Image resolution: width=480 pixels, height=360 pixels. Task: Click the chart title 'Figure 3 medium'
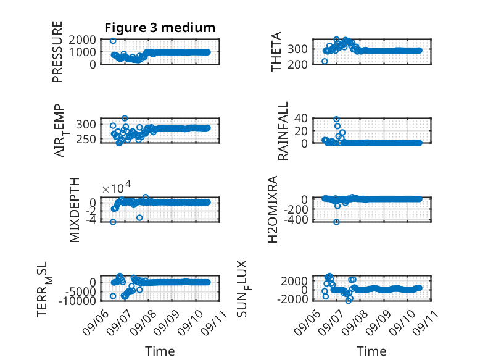[160, 28]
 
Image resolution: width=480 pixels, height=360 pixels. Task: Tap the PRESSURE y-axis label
[57, 52]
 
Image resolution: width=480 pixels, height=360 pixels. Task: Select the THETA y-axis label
[276, 52]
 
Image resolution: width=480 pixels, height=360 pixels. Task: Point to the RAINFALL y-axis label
[283, 131]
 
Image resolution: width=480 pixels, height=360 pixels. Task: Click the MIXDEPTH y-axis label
[75, 210]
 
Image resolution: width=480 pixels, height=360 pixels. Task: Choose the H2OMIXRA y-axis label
[273, 209]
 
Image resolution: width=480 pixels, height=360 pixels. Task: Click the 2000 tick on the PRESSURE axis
[82, 40]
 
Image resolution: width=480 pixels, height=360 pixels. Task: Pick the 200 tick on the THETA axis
[297, 64]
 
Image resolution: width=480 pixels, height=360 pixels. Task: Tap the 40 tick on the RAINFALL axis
[301, 119]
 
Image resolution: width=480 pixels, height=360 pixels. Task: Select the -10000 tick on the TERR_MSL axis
[78, 301]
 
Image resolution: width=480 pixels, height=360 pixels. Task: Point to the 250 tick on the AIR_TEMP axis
[86, 140]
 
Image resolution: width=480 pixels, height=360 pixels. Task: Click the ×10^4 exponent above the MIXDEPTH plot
[117, 187]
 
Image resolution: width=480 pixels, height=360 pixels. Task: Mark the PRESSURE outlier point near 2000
[113, 41]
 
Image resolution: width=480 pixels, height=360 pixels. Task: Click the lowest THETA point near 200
[325, 61]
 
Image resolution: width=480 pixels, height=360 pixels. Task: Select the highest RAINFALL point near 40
[336, 119]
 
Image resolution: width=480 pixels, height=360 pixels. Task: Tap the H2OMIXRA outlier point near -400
[336, 222]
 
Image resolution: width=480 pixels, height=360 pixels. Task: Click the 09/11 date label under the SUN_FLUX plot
[426, 322]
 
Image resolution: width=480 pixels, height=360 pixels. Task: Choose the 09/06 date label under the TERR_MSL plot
[96, 322]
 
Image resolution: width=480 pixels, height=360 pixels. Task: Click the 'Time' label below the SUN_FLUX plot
[371, 351]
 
